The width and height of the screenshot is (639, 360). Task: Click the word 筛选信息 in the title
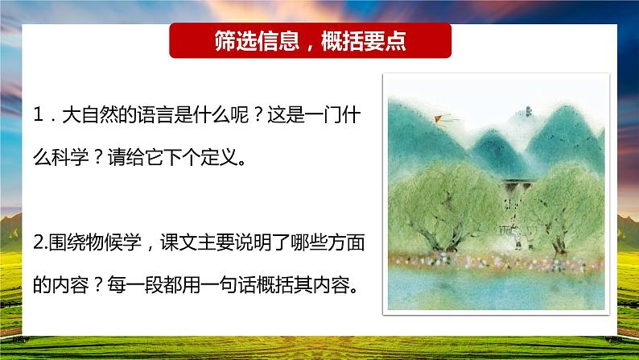(256, 41)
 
